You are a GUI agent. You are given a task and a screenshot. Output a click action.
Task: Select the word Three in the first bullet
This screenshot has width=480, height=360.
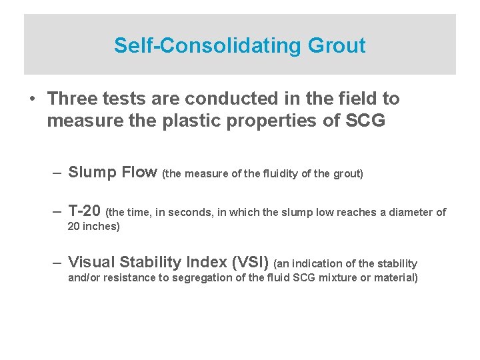coord(73,99)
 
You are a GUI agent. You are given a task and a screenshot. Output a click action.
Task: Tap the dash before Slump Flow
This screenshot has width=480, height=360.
coord(57,172)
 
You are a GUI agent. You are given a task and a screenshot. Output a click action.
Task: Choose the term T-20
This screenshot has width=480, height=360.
coord(85,211)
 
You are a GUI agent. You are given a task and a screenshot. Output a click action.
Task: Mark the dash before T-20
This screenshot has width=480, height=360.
coord(57,211)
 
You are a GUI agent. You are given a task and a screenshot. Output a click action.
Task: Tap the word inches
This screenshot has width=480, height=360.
coord(99,226)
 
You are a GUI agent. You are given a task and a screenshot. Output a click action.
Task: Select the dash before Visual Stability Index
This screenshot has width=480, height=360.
coord(57,262)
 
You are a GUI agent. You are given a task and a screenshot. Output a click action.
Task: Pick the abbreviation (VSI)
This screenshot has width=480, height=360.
coord(247,262)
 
